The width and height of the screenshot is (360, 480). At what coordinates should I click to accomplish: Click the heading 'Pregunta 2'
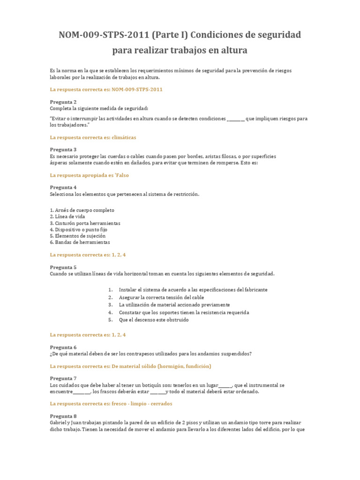click(x=63, y=102)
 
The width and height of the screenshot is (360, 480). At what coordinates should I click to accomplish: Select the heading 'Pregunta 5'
click(x=63, y=267)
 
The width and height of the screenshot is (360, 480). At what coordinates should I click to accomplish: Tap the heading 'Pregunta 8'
click(x=63, y=416)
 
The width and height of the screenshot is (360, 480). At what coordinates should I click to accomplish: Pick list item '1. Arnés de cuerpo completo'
click(x=82, y=210)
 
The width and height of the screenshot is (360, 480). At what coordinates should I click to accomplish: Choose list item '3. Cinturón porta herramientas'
click(x=85, y=223)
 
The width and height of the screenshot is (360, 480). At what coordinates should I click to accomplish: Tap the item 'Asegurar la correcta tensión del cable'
click(x=161, y=297)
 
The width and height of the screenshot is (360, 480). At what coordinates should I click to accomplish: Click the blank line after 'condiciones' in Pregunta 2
click(x=235, y=119)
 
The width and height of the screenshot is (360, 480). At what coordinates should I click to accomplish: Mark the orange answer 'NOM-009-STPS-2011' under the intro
click(x=137, y=89)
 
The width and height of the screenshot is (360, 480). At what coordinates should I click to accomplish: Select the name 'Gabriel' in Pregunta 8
click(x=59, y=422)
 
